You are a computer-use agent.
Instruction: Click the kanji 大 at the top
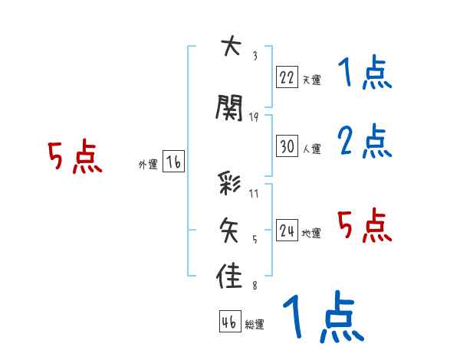point(229,47)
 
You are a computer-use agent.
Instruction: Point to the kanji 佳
point(230,276)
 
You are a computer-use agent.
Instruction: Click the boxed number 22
point(287,77)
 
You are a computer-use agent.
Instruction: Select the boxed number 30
point(287,146)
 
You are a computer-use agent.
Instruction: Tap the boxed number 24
point(287,231)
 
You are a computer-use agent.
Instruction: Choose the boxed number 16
point(172,162)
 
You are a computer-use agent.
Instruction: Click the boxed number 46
point(229,322)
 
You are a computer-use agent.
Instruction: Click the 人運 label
point(310,149)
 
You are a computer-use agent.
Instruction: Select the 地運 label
point(310,234)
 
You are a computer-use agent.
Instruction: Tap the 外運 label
point(147,164)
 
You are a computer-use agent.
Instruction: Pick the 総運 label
point(254,324)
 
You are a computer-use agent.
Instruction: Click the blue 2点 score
point(364,141)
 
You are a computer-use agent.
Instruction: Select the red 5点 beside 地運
point(364,225)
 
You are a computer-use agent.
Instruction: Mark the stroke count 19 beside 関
point(254,116)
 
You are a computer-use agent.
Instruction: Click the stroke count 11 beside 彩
point(254,193)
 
